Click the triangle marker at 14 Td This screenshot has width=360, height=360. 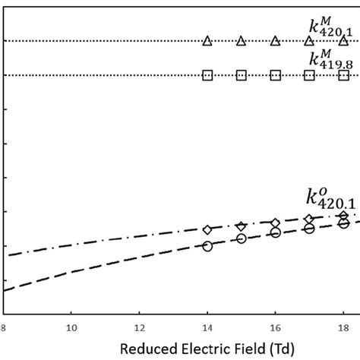(207, 41)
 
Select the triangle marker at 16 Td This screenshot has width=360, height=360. (275, 41)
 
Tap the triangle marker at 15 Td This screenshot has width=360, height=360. (242, 41)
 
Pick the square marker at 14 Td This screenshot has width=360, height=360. (207, 75)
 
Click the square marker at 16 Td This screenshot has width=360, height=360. (275, 75)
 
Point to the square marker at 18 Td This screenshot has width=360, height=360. (343, 75)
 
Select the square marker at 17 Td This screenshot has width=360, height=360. (309, 75)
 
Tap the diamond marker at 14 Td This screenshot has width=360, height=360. (207, 229)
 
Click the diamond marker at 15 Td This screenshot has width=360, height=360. (242, 226)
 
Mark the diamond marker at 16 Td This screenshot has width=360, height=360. (275, 223)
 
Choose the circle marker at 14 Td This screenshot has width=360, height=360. (207, 245)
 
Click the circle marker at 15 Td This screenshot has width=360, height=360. (242, 238)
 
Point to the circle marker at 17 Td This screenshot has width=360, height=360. (309, 228)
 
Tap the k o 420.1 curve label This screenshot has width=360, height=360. (325, 201)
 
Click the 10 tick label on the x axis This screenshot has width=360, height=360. (71, 328)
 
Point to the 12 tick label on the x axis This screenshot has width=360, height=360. (139, 328)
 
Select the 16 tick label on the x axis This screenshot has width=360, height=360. (275, 328)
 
